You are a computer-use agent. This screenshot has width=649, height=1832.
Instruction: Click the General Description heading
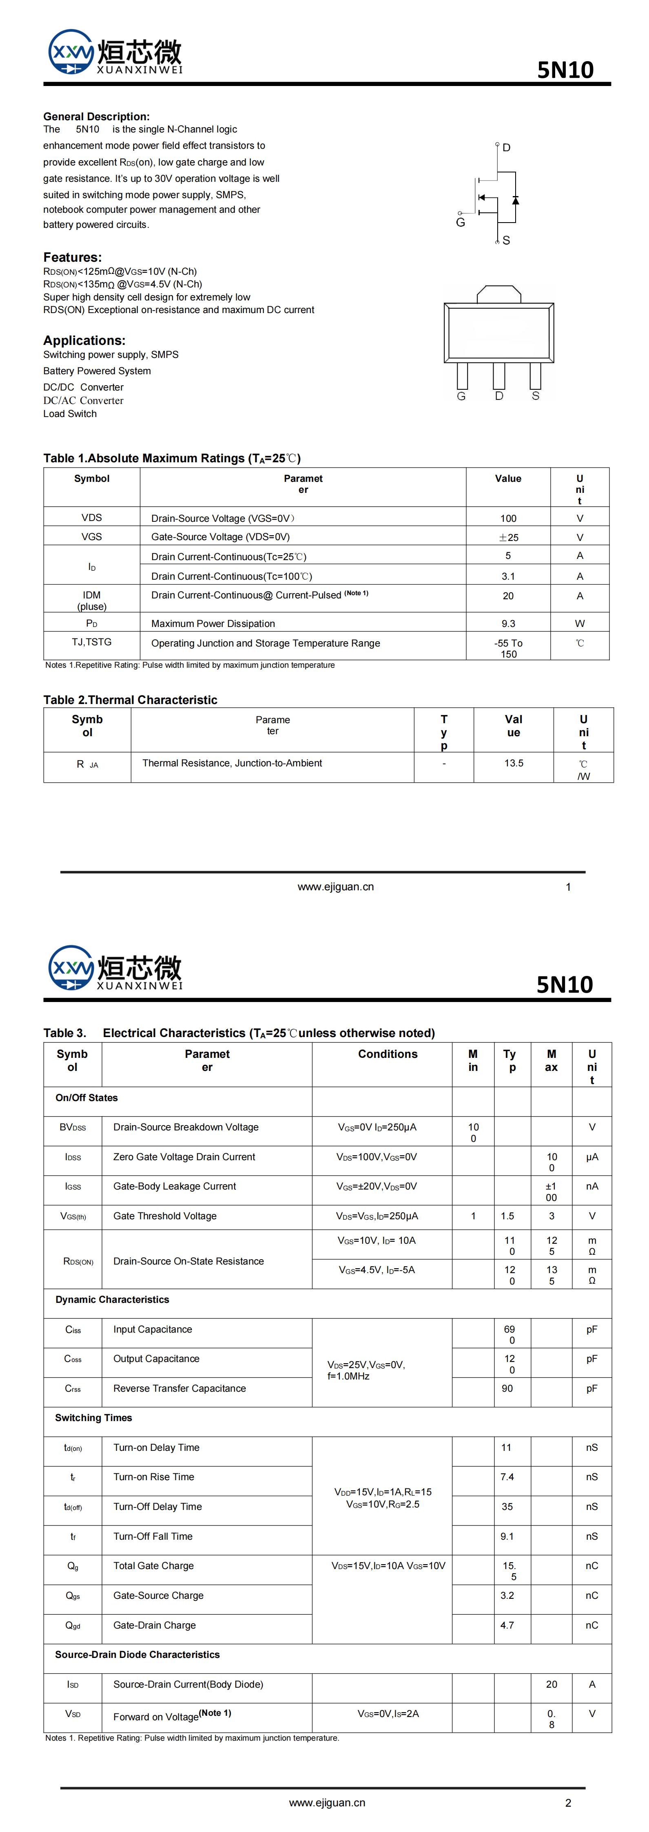click(96, 117)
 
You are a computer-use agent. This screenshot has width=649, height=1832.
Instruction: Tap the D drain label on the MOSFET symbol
click(507, 148)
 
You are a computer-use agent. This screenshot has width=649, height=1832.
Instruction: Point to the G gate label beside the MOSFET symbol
click(461, 223)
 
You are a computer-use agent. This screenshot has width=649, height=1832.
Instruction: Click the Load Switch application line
click(70, 414)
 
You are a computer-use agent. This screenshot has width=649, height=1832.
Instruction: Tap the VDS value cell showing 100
click(508, 519)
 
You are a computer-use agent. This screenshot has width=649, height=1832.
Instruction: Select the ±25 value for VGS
click(508, 538)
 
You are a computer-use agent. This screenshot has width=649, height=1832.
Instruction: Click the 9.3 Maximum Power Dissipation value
click(508, 624)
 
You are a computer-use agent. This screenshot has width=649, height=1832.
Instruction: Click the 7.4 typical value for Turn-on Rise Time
click(507, 1477)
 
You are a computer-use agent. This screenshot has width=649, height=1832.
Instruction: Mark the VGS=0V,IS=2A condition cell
click(388, 1714)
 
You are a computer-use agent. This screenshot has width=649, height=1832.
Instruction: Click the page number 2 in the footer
click(568, 1803)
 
